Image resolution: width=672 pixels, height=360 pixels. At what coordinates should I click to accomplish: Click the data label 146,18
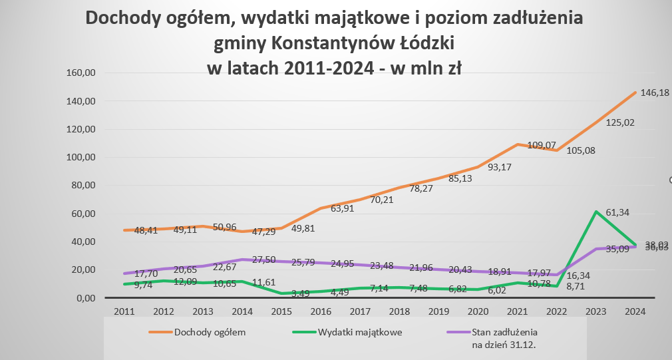coord(655,93)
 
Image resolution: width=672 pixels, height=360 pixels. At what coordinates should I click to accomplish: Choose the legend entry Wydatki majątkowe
coord(354,331)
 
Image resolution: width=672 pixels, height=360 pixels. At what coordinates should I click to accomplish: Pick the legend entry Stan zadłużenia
coord(504,331)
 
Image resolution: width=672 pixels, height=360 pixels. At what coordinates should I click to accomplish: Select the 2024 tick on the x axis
coord(634,311)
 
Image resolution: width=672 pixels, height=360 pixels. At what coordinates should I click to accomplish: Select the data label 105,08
coord(581,150)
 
